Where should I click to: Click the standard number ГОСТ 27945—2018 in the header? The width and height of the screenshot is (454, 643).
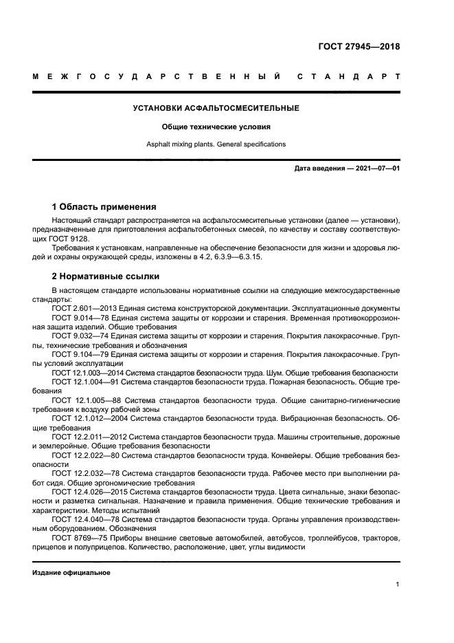[x=359, y=47]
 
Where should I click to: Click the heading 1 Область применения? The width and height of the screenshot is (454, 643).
[x=104, y=206]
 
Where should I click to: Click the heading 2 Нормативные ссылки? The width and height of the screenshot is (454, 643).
[x=106, y=276]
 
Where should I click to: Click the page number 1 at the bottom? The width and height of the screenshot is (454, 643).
[x=398, y=585]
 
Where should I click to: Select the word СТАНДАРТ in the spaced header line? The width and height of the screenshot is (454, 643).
[x=348, y=76]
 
